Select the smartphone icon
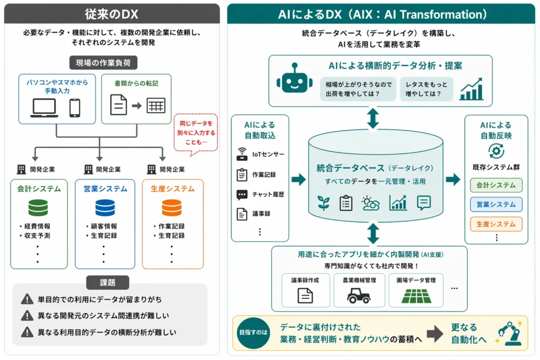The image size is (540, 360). [75, 108]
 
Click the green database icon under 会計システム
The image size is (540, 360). [38, 208]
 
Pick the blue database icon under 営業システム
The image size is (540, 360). [105, 208]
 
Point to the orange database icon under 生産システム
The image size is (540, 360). [172, 208]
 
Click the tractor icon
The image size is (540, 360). [359, 295]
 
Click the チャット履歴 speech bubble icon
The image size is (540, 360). [242, 194]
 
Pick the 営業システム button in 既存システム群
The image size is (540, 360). [496, 205]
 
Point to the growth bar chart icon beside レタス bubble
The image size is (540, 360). [471, 90]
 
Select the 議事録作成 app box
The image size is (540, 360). [305, 290]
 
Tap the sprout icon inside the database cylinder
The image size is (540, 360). [323, 203]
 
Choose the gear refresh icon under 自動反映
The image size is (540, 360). [496, 151]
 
